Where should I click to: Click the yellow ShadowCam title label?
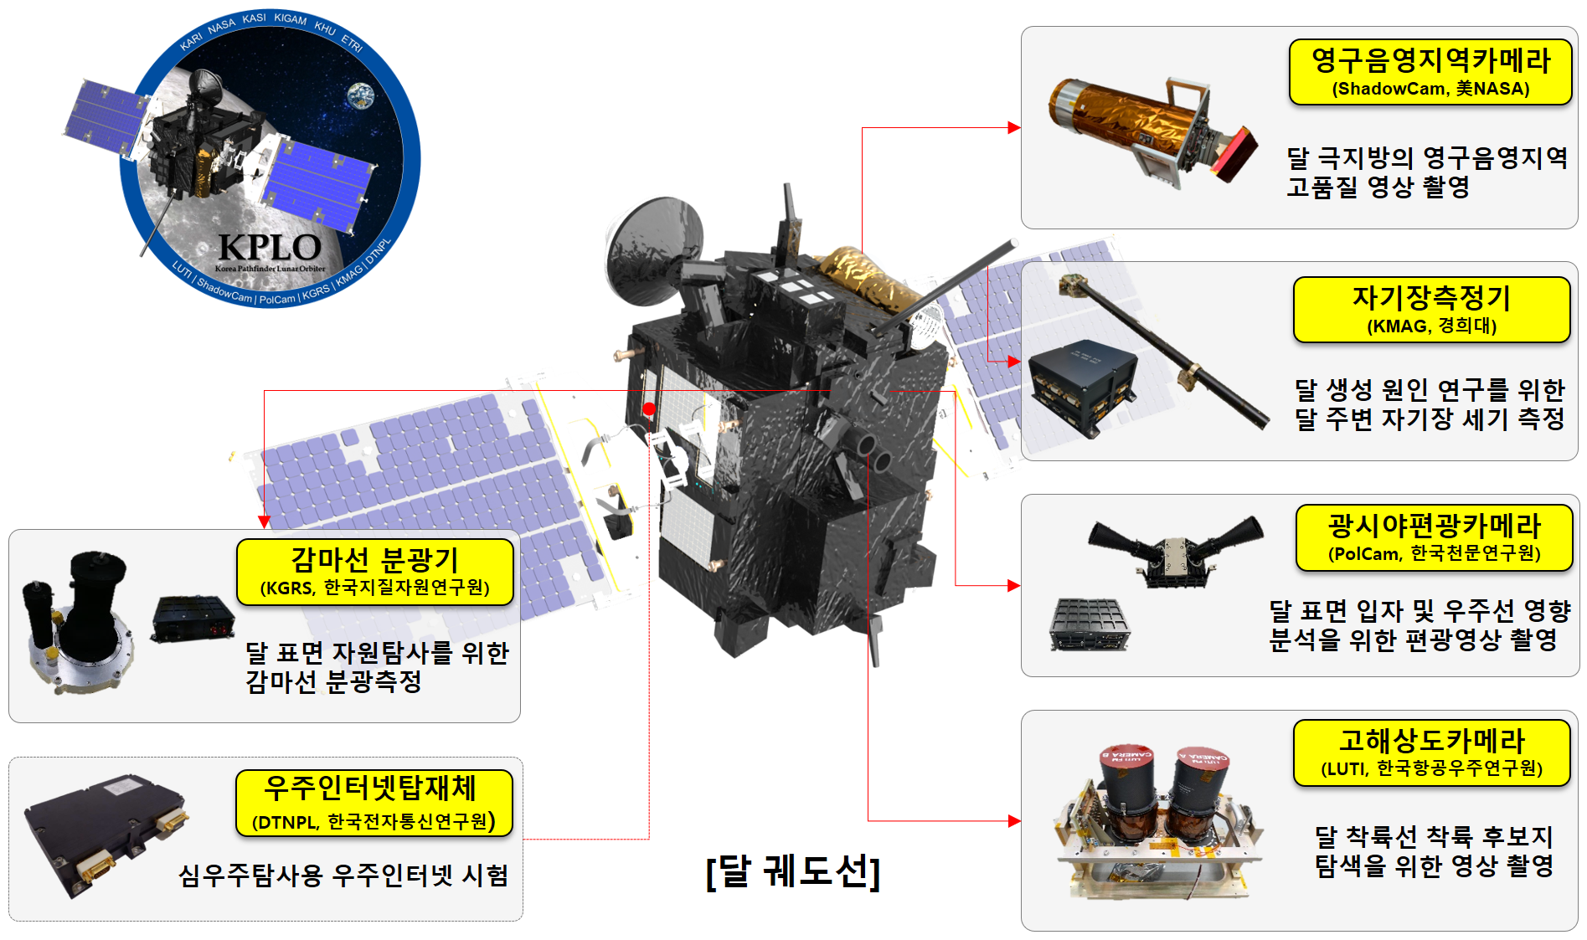tap(1430, 72)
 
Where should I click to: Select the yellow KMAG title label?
tap(1431, 310)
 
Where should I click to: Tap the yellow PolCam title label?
tap(1434, 537)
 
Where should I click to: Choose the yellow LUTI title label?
tap(1431, 753)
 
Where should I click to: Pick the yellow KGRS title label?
tap(374, 572)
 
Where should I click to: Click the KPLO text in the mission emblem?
tap(270, 247)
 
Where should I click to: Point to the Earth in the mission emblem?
tap(362, 95)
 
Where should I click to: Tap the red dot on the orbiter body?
tap(649, 409)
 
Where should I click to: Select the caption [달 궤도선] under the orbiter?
tap(793, 871)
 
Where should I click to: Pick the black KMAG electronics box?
tap(1081, 387)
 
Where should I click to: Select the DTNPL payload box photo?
tap(106, 835)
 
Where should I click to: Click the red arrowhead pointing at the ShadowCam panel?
tap(1014, 128)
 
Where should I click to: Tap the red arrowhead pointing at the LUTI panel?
tap(1014, 821)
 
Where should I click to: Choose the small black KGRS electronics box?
tap(193, 619)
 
